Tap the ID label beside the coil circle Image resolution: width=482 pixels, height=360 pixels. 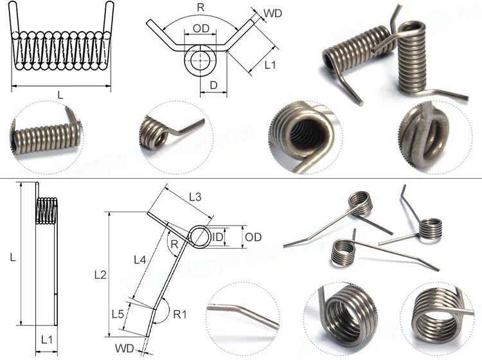coord(219,238)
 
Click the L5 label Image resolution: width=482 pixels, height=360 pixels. coord(118,314)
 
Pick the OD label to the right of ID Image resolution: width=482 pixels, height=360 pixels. coord(253,237)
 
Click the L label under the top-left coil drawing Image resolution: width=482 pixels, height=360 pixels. coord(60,95)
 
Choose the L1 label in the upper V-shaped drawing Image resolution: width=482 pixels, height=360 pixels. coord(270,65)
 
